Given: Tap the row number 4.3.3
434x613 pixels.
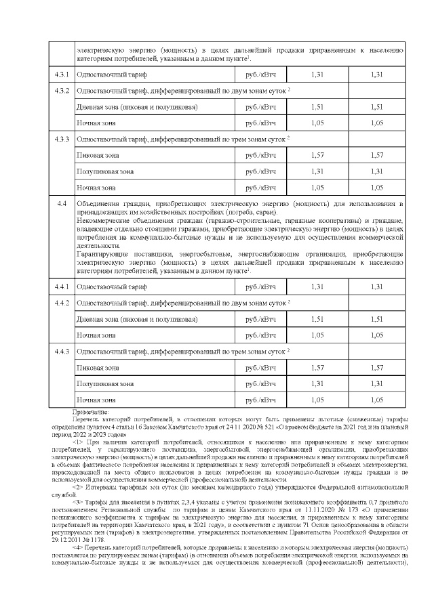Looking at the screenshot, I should click(x=62, y=139).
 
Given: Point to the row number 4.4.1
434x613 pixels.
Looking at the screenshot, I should click(x=62, y=287).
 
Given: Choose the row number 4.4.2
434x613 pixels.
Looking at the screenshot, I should click(x=62, y=303).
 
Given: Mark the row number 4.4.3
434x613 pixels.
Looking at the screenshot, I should click(x=62, y=352).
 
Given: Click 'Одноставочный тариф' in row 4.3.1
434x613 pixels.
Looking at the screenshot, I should click(x=112, y=75).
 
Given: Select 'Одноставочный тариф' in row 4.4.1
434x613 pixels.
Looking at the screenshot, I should click(x=112, y=287).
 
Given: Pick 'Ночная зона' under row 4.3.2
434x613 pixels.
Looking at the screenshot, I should click(x=96, y=123).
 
